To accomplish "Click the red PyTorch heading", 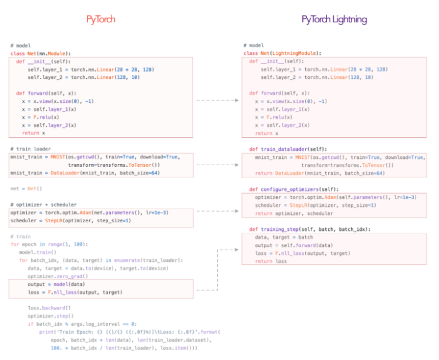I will pyautogui.click(x=101, y=19).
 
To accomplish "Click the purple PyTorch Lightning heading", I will pyautogui.click(x=334, y=19).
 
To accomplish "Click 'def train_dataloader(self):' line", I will pyautogui.click(x=289, y=149).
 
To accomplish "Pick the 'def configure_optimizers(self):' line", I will pyautogui.click(x=295, y=189).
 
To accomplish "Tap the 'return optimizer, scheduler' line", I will pyautogui.click(x=294, y=213).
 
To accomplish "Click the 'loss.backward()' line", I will pyautogui.click(x=50, y=308).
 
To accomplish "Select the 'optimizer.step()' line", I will pyautogui.click(x=49, y=316).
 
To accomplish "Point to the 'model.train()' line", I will pyautogui.click(x=38, y=252).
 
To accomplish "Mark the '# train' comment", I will pyautogui.click(x=21, y=237).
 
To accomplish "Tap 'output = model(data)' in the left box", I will pyautogui.click(x=56, y=284).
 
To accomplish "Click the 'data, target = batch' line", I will pyautogui.click(x=284, y=237).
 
